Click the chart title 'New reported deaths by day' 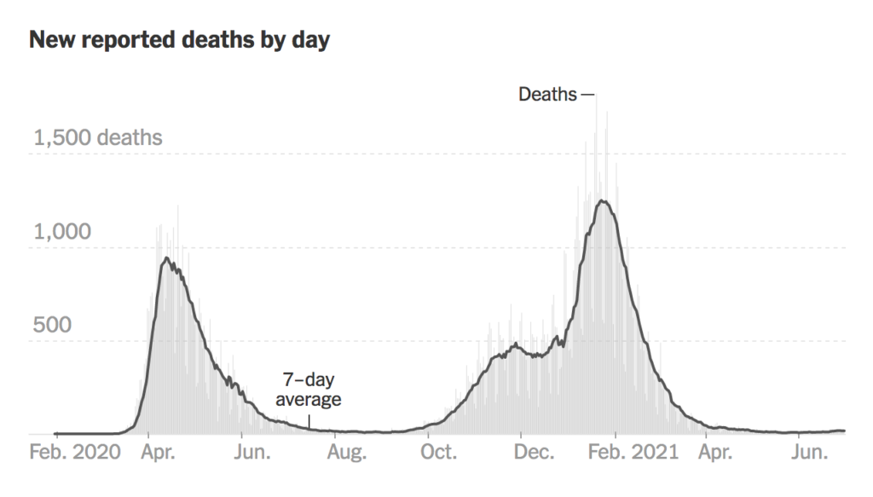click(179, 40)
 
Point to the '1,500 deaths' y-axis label click(97, 137)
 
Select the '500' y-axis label click(51, 325)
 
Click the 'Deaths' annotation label click(547, 94)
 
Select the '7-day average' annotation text click(309, 390)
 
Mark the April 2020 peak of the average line click(165, 258)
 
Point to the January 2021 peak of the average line click(602, 201)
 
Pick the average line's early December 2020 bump click(516, 344)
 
